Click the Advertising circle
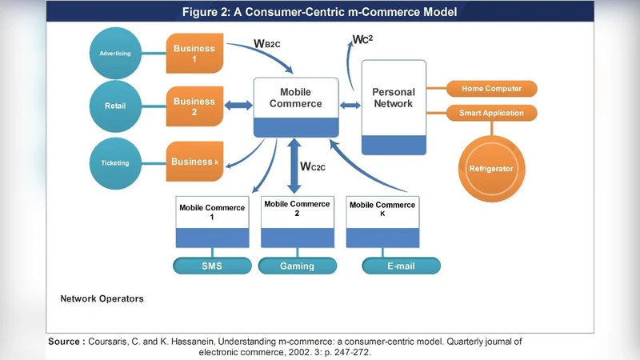point(115,54)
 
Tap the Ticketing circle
point(115,163)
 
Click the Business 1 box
point(194,54)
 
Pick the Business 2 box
point(194,106)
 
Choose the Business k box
point(194,162)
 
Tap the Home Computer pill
point(491,88)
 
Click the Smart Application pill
point(491,113)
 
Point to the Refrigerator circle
point(490,169)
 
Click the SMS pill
point(211,266)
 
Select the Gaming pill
point(297,266)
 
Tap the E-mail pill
point(401,266)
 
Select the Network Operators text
point(102,298)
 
